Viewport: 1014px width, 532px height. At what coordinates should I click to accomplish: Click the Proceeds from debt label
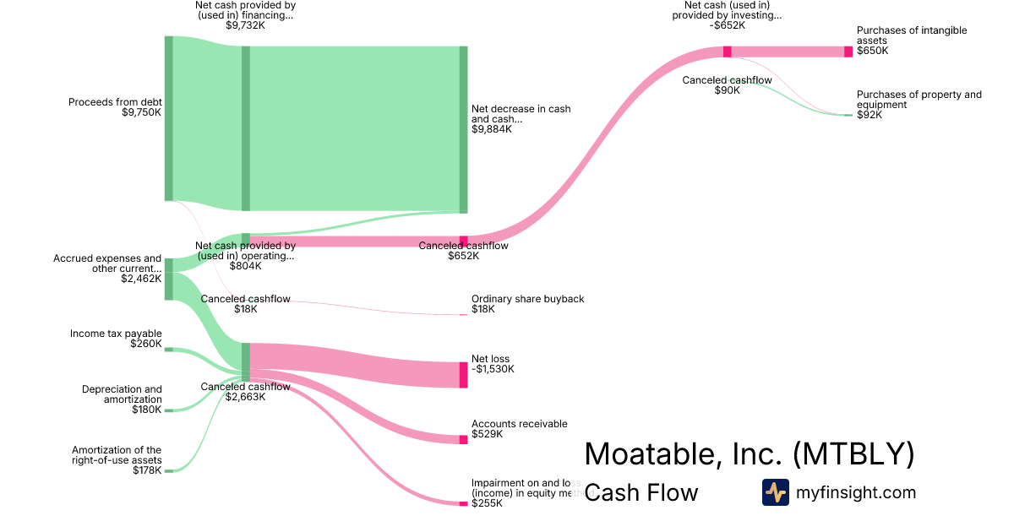click(114, 102)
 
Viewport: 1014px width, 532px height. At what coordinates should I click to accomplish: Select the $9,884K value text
click(492, 129)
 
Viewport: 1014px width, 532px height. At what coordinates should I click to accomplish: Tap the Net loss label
click(491, 359)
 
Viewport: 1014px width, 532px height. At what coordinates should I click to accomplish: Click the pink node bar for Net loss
click(463, 374)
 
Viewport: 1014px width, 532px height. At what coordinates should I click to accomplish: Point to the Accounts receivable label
click(519, 424)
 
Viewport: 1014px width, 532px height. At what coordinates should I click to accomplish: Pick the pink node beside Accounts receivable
click(463, 439)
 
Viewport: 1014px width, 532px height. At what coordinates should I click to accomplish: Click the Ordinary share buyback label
click(527, 299)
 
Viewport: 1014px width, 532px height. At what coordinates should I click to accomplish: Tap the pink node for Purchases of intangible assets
click(848, 52)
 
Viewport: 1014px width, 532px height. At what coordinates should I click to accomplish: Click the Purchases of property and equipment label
click(919, 100)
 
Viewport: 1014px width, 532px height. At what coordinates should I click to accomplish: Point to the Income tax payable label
click(116, 334)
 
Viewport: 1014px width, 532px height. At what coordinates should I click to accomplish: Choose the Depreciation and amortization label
click(122, 394)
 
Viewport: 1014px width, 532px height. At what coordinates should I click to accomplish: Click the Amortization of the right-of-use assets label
click(117, 455)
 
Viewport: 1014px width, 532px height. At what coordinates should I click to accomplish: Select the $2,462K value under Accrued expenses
click(141, 278)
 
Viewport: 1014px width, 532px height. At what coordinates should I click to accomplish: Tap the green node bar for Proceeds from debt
click(169, 118)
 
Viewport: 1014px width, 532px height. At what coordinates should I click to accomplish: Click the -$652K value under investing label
click(728, 25)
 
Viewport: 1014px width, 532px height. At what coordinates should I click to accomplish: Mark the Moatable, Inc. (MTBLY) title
click(749, 453)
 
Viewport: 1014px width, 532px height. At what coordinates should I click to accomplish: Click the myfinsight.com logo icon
click(776, 492)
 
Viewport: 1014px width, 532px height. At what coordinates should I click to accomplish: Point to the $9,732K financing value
click(245, 25)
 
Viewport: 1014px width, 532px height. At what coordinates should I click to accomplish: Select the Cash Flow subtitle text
click(641, 492)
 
